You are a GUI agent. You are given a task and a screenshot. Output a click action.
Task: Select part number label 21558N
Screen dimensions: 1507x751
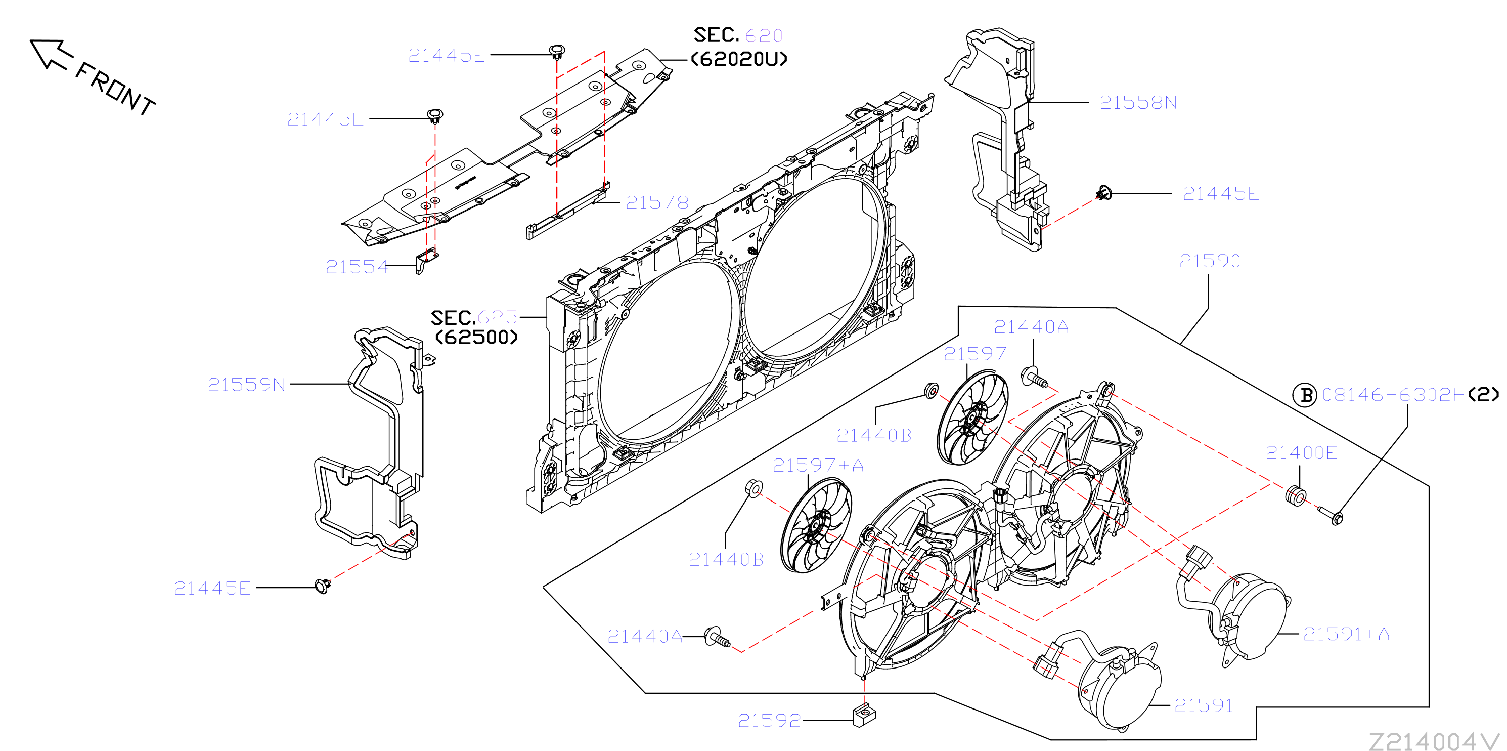pyautogui.click(x=1138, y=102)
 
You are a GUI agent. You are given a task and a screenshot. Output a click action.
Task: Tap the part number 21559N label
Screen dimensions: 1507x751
pyautogui.click(x=246, y=385)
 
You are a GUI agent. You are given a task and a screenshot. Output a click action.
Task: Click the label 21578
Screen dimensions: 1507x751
pyautogui.click(x=657, y=202)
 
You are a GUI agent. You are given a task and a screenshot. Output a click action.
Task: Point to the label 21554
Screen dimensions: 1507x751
pyautogui.click(x=357, y=267)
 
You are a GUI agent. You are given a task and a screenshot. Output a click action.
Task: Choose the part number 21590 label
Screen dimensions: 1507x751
pyautogui.click(x=1210, y=261)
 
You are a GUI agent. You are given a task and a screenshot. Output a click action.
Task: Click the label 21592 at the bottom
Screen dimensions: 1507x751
pyautogui.click(x=769, y=720)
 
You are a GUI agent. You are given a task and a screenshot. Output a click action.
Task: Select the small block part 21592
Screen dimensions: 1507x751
pyautogui.click(x=865, y=715)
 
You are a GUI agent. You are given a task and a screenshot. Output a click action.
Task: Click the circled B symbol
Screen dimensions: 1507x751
pyautogui.click(x=1304, y=395)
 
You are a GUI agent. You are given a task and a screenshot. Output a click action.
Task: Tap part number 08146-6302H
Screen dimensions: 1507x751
pyautogui.click(x=1394, y=395)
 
